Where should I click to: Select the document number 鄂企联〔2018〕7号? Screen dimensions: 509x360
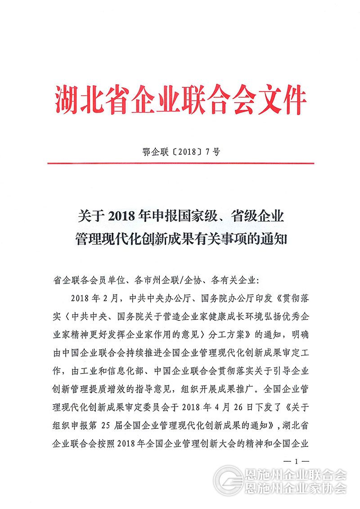pos(180,152)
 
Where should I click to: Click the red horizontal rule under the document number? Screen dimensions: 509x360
pos(180,163)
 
